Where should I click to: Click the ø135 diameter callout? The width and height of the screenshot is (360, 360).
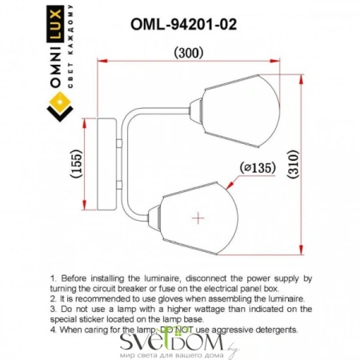pos(256,168)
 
